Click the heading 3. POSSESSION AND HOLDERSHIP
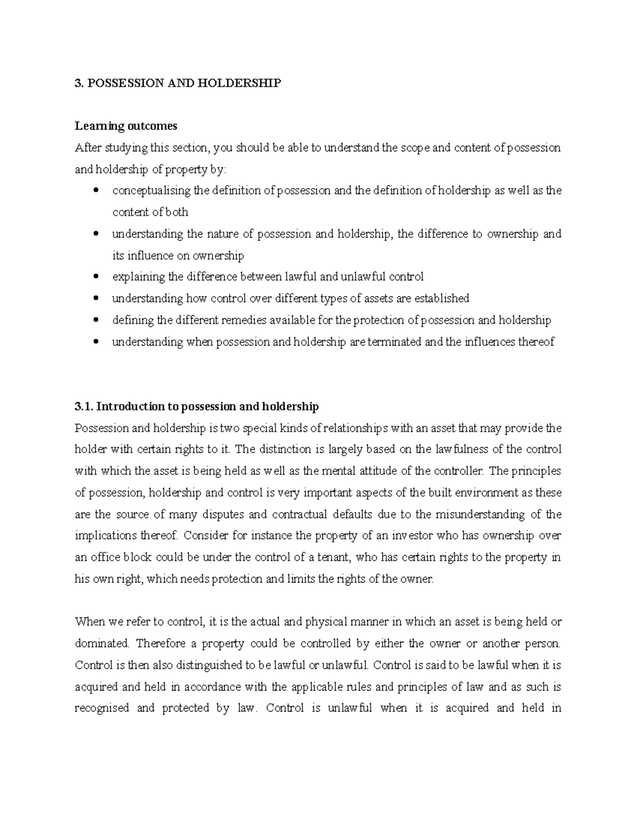tap(178, 83)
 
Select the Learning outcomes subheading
tap(126, 126)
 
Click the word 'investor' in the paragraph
tap(423, 535)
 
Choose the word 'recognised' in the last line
tap(102, 708)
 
